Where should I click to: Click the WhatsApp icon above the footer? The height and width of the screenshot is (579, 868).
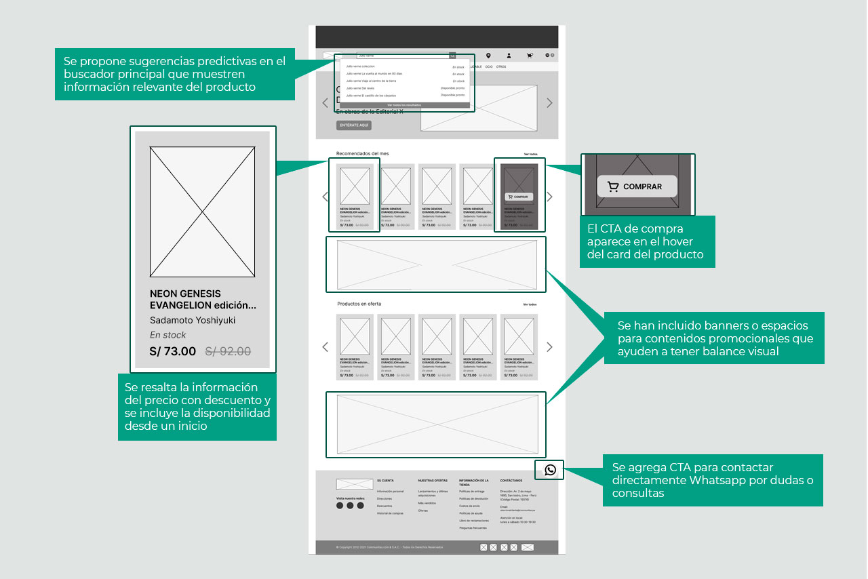click(x=550, y=470)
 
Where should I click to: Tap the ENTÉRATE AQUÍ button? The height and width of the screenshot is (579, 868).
click(x=353, y=125)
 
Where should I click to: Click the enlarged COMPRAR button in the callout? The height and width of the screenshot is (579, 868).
click(x=637, y=186)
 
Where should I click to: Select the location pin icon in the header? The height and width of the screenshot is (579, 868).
click(x=488, y=56)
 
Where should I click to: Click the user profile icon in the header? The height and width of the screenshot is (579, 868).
click(x=509, y=56)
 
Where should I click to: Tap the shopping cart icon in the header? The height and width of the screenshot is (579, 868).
click(x=529, y=56)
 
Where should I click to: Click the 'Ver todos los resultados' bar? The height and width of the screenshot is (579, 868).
click(x=405, y=106)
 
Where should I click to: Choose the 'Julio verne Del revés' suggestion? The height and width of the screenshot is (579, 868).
click(x=360, y=88)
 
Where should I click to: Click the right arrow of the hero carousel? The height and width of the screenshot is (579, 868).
click(x=549, y=103)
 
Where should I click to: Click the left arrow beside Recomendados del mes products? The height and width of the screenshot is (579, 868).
click(x=325, y=197)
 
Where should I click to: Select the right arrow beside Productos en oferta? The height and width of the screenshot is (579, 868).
click(x=549, y=347)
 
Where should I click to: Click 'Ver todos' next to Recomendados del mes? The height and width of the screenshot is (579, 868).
click(x=530, y=155)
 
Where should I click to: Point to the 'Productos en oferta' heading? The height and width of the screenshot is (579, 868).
click(x=359, y=304)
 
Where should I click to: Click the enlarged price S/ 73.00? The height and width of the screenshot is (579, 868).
click(x=172, y=351)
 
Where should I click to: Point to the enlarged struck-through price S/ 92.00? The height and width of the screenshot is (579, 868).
click(x=228, y=351)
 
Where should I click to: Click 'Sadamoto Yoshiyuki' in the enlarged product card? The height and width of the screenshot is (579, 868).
click(x=193, y=320)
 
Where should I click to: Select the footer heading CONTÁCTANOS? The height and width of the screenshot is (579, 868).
click(x=512, y=481)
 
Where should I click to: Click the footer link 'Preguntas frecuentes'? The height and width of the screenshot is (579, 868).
click(x=473, y=527)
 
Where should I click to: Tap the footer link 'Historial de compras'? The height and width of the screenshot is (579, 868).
click(x=390, y=513)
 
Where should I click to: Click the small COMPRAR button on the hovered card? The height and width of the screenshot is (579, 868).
click(x=519, y=197)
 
